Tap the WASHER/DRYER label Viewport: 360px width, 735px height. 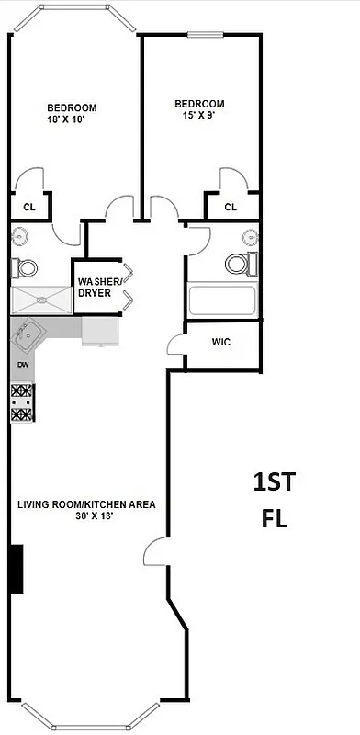(95, 287)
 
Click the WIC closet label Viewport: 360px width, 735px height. (221, 342)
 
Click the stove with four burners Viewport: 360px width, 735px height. (22, 403)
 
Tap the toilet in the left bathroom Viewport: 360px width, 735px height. (25, 268)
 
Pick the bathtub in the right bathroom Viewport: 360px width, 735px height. (221, 300)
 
